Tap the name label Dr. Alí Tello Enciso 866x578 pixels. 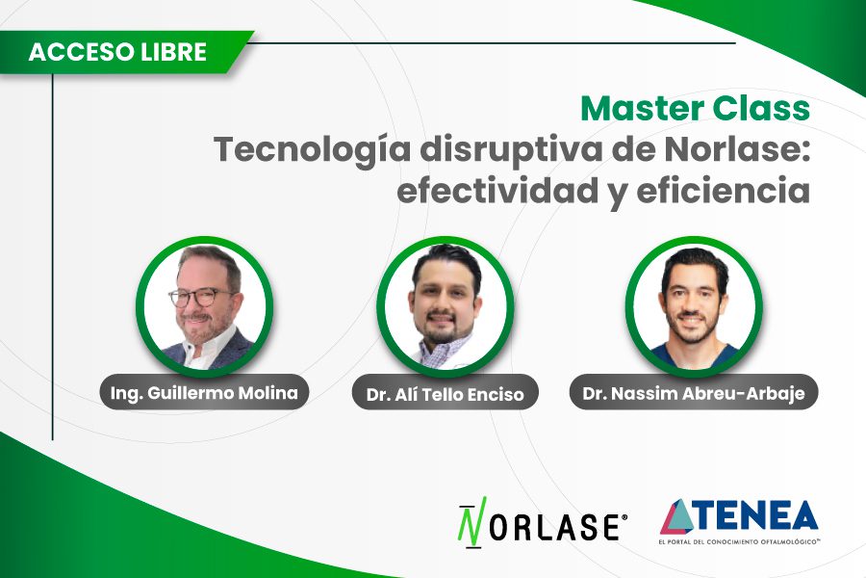(445, 394)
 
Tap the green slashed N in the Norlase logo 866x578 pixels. (471, 525)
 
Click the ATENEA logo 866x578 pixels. (738, 521)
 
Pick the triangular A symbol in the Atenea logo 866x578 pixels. (680, 516)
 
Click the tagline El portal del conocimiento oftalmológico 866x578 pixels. (739, 542)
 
